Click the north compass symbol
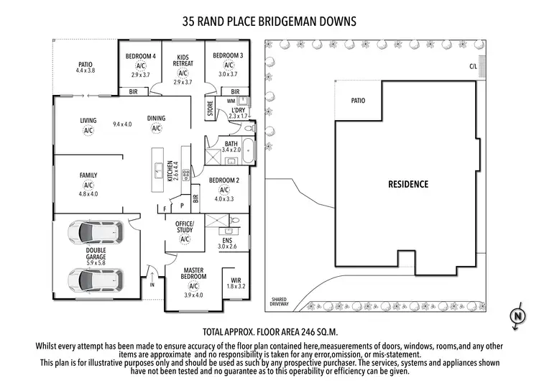(x=516, y=316)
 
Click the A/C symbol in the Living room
(x=88, y=131)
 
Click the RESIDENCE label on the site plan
(x=408, y=184)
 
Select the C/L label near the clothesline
(x=472, y=66)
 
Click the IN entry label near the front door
(x=152, y=285)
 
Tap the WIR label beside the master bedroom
(x=236, y=280)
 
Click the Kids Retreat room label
(x=183, y=60)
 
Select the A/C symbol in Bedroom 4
(x=141, y=65)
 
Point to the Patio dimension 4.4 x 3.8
(x=86, y=70)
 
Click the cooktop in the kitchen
(x=185, y=173)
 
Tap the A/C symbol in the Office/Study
(x=185, y=239)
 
